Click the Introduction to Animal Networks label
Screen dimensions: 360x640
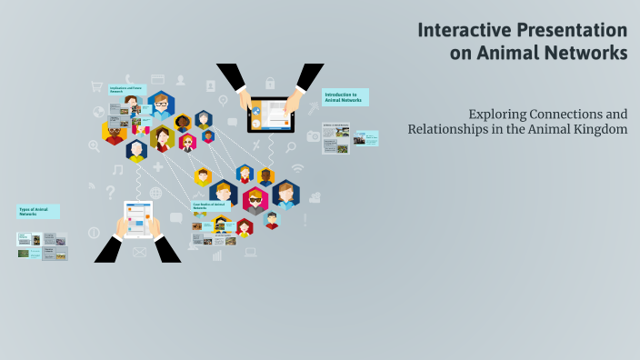click(x=345, y=97)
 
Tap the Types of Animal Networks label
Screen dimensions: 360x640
click(x=38, y=212)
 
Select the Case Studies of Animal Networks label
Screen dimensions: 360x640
click(x=210, y=206)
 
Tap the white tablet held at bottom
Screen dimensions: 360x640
click(x=139, y=218)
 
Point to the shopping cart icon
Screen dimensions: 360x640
click(x=96, y=87)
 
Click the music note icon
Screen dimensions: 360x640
click(x=117, y=169)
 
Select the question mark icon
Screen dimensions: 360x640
click(x=110, y=192)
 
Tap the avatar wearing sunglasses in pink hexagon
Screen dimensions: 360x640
click(x=255, y=200)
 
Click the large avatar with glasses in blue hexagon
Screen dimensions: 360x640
click(x=161, y=106)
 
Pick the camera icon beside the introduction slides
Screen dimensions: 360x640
click(x=314, y=136)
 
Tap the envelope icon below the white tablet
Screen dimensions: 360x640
click(x=139, y=252)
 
